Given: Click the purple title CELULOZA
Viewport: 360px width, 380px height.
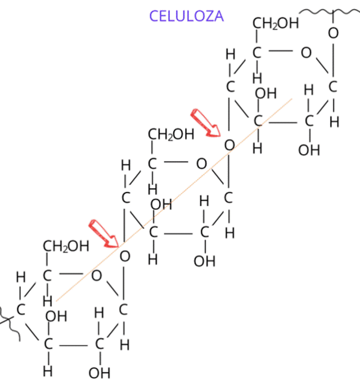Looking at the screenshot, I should [x=186, y=16].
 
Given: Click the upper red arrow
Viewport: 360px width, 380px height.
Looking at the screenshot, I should [x=206, y=124].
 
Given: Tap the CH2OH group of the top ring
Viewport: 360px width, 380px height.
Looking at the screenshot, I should [x=276, y=24].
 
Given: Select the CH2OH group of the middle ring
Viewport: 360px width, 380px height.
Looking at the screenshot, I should [x=171, y=134].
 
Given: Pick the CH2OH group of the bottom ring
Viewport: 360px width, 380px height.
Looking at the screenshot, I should [x=66, y=246].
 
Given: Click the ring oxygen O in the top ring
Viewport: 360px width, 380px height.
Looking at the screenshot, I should [x=306, y=53].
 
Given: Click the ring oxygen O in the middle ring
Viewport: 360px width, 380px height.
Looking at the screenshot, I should [x=201, y=164].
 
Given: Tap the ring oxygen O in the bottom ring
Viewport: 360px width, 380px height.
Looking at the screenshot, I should [x=97, y=275].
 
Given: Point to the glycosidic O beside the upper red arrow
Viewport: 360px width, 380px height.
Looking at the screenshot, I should [x=229, y=146].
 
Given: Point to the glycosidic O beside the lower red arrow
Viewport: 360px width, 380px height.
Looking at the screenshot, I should [x=124, y=257].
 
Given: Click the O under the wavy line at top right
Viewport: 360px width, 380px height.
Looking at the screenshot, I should [x=333, y=34].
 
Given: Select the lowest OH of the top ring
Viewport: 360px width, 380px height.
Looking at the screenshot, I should [x=309, y=150].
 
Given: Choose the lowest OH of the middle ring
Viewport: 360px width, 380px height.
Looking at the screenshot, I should [x=204, y=261].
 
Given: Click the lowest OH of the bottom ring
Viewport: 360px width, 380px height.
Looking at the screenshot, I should [x=100, y=373].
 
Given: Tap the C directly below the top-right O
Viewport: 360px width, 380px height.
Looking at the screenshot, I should [x=333, y=87].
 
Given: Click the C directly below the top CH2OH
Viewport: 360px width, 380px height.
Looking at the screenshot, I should [x=257, y=53].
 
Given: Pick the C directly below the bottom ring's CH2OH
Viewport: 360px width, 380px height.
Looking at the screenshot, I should [x=48, y=275].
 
